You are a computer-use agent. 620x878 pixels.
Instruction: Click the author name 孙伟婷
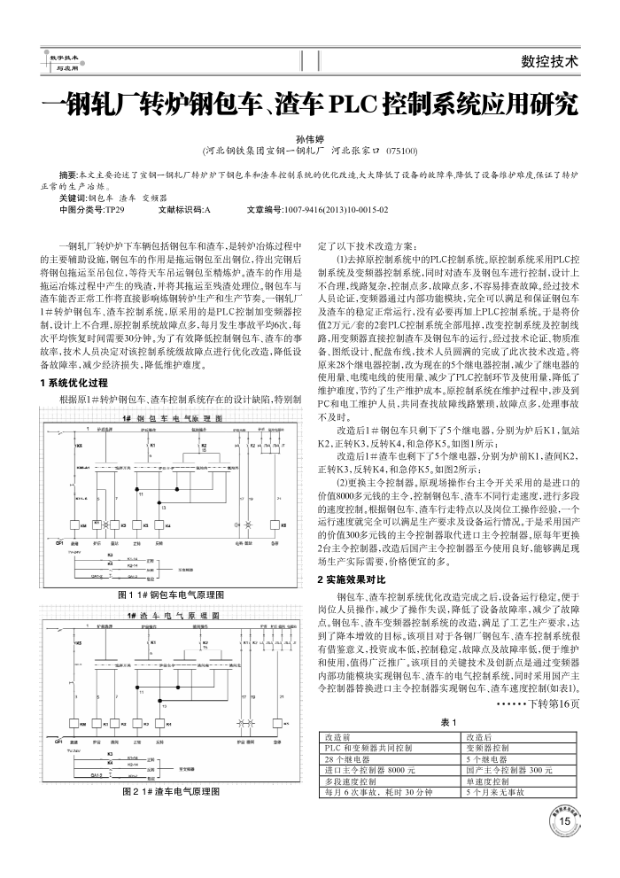point(310,139)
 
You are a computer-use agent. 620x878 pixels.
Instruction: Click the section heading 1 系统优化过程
point(74,383)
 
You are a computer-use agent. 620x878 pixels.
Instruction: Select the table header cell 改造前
point(339,737)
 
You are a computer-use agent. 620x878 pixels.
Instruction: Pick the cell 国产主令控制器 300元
point(509,771)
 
